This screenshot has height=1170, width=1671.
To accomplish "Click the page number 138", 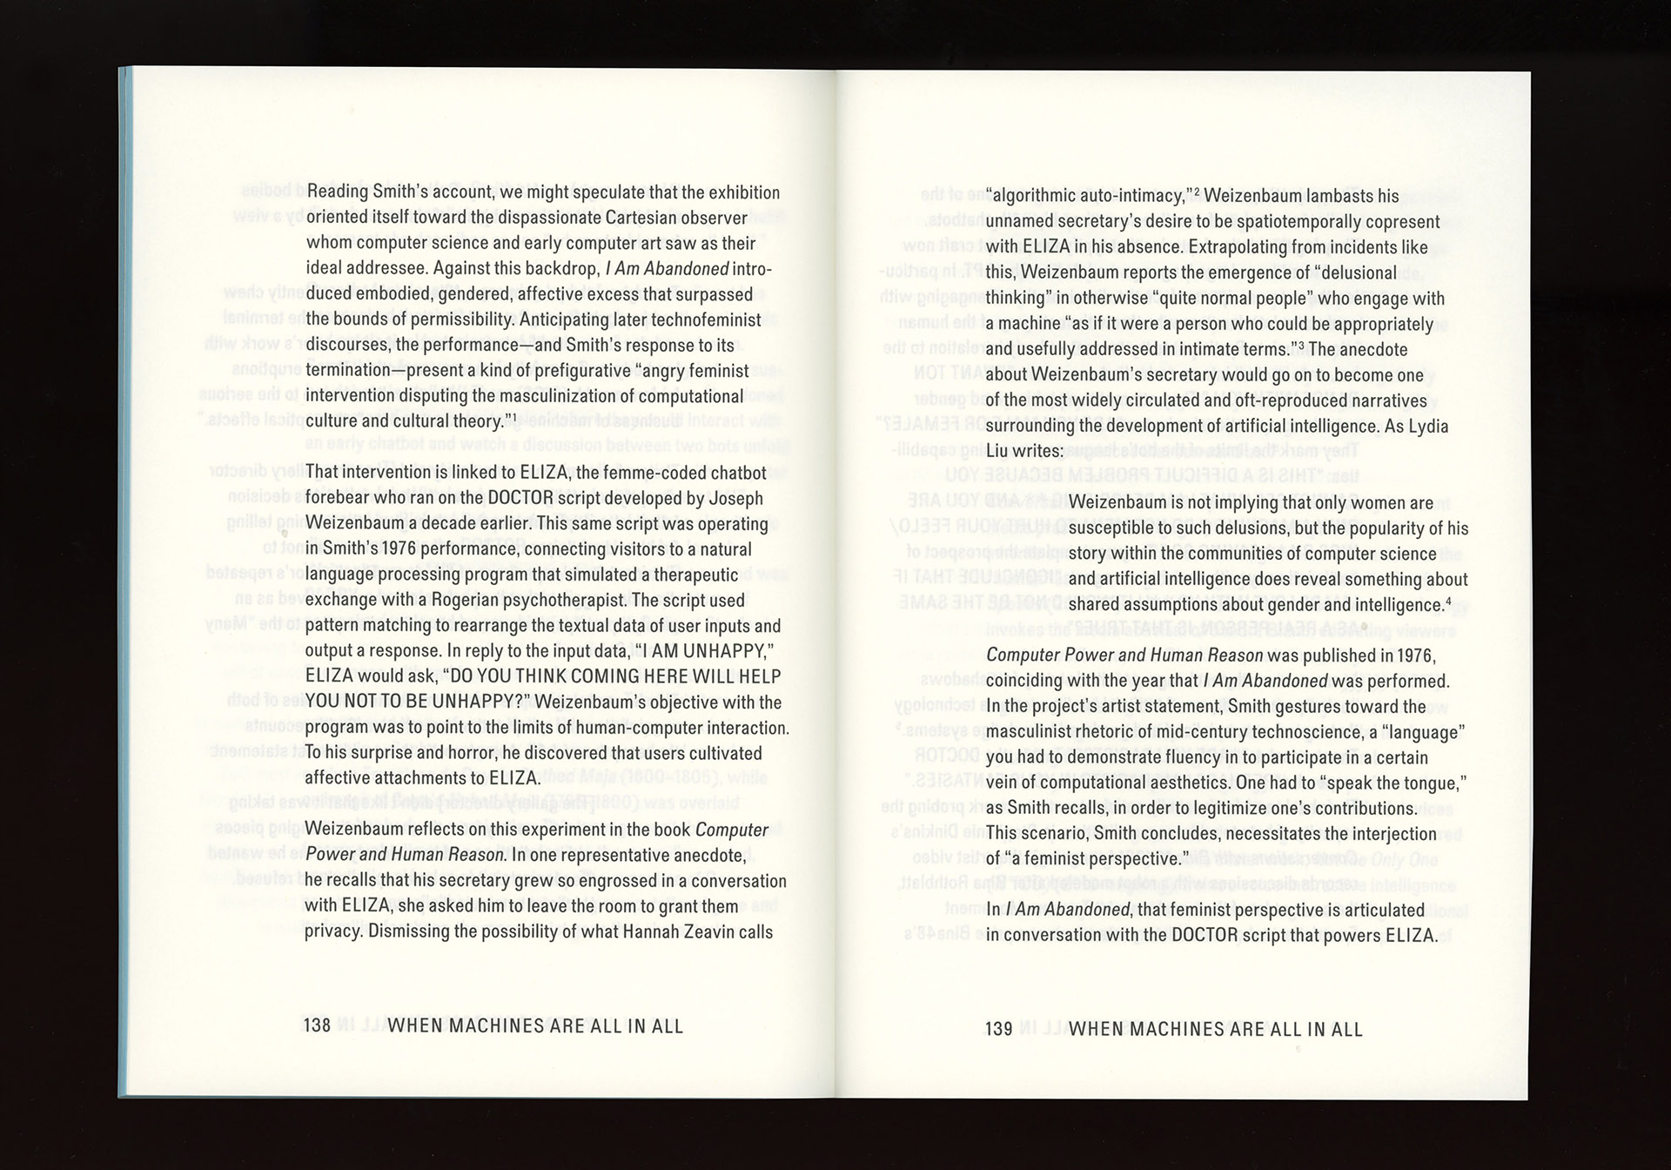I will [318, 1025].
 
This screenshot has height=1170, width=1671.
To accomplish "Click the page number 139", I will [998, 1029].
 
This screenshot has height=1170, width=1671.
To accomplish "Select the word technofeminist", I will [704, 319].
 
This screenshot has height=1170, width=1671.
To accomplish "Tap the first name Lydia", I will [1428, 426].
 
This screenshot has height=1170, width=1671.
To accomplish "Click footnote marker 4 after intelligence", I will [1448, 601].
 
